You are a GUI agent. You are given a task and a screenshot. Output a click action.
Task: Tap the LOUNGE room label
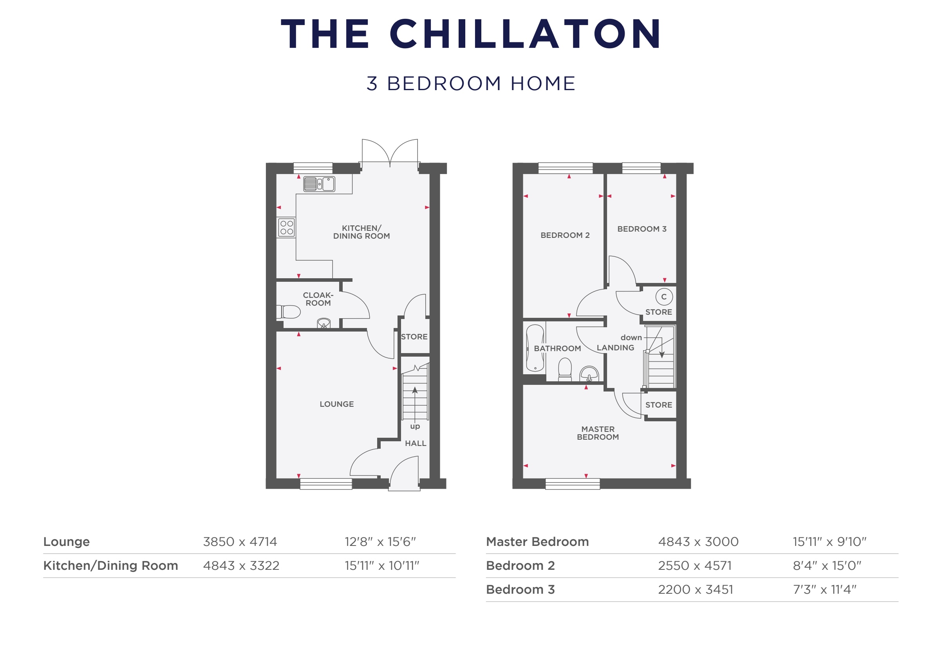click(x=336, y=404)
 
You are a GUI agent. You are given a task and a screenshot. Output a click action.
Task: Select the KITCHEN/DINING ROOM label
click(x=361, y=232)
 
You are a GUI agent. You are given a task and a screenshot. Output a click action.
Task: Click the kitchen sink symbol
click(x=319, y=184)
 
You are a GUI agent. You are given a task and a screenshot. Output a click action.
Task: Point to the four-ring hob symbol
click(x=286, y=227)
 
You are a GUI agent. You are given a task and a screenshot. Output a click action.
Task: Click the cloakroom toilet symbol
click(x=289, y=312)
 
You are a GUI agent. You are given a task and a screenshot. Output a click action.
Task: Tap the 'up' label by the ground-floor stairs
click(x=415, y=426)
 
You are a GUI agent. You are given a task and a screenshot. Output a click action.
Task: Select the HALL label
click(x=416, y=443)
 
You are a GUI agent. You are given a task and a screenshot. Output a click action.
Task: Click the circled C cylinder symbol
click(x=663, y=297)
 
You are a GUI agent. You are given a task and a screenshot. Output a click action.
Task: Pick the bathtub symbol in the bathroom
click(x=535, y=348)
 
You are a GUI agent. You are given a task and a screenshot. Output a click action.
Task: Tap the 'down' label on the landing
click(x=631, y=338)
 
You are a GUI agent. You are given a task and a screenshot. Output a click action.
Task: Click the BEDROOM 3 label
click(x=642, y=228)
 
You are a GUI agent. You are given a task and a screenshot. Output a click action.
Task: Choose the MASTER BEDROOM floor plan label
click(x=598, y=433)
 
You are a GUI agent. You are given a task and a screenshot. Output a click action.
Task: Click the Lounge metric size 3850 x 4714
click(x=240, y=542)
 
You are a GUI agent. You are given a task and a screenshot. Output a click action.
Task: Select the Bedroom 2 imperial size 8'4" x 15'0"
click(x=827, y=565)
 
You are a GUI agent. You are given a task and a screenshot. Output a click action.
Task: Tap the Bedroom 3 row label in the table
click(x=520, y=589)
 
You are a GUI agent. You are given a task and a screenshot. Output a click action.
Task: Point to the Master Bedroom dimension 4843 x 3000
click(x=698, y=542)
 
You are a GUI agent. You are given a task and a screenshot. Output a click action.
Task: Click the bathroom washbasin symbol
click(x=589, y=374)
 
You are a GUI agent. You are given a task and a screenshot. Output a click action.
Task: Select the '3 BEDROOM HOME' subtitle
click(x=471, y=83)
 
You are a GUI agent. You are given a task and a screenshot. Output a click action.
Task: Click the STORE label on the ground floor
click(x=414, y=337)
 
